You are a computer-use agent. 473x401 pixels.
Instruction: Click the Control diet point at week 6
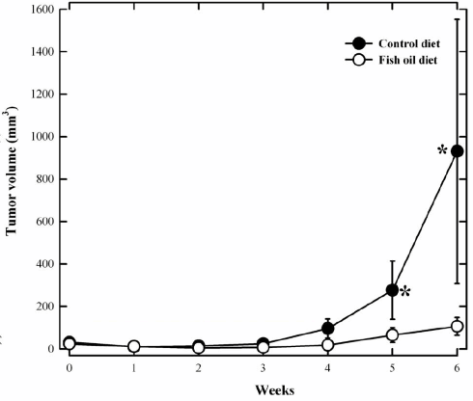point(457,151)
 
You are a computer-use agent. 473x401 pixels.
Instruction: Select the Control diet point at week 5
point(392,289)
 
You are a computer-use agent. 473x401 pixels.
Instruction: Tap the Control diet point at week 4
point(327,329)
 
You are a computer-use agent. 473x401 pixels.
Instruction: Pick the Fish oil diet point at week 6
point(457,327)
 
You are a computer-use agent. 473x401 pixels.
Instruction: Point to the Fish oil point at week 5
point(392,335)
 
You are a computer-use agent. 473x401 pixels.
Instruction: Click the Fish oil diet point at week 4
point(327,344)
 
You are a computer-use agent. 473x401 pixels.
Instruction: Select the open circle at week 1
point(134,346)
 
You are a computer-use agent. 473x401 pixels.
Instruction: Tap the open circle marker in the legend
point(357,61)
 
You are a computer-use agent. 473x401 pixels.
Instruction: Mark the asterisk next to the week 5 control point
point(406,292)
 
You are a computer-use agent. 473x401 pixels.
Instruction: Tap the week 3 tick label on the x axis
point(263,367)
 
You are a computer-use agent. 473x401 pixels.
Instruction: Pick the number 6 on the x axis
point(457,367)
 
